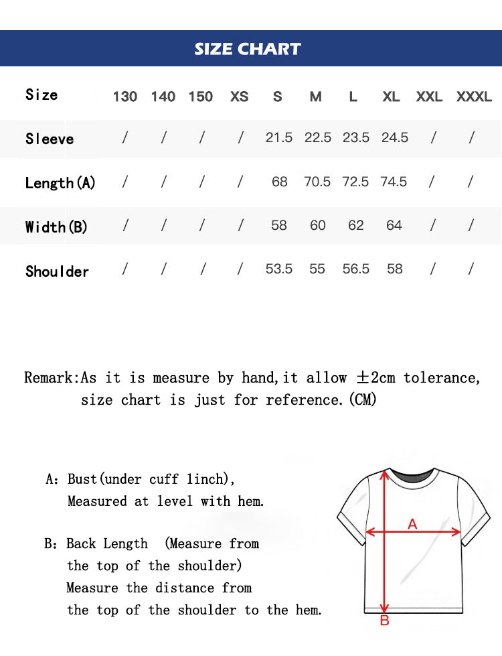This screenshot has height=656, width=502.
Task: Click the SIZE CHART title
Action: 248,49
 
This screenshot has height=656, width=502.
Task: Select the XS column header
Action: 239,96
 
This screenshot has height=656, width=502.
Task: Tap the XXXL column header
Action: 474,96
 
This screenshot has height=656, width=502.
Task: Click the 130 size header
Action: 125,96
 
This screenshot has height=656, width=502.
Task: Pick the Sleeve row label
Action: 50,139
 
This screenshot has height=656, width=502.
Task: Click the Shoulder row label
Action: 57,271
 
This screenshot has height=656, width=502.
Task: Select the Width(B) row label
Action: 56,227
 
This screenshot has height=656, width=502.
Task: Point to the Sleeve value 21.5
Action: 279,137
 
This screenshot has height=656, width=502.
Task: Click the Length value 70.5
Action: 317,182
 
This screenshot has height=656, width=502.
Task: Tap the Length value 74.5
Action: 394,182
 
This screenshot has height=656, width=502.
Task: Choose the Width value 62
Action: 355,225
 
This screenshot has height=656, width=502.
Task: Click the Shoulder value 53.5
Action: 279,269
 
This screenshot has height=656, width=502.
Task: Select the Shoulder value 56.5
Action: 355,269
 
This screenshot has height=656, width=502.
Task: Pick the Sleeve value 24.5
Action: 394,137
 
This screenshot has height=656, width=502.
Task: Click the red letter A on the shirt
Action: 412,524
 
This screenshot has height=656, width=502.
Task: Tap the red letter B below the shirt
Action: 384,621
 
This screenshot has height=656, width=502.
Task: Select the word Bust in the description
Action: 82,479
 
